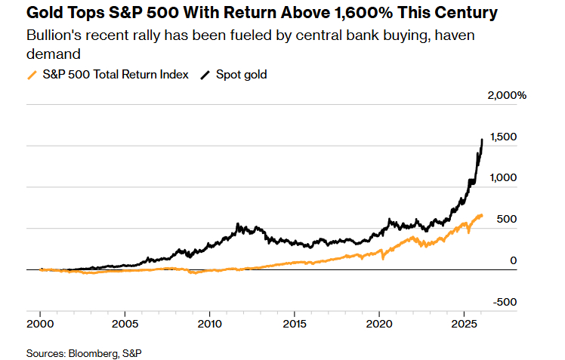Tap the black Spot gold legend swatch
205,75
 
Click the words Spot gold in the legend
242,75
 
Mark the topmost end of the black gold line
483,140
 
